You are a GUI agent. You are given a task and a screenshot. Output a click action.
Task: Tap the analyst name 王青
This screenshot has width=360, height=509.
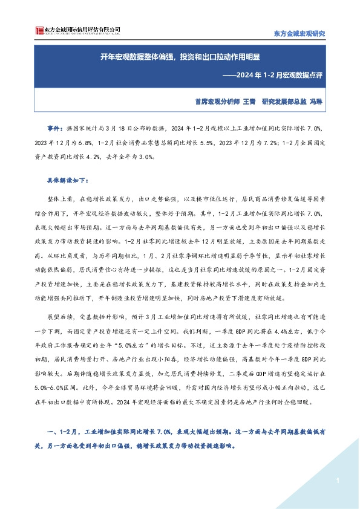click(248, 102)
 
